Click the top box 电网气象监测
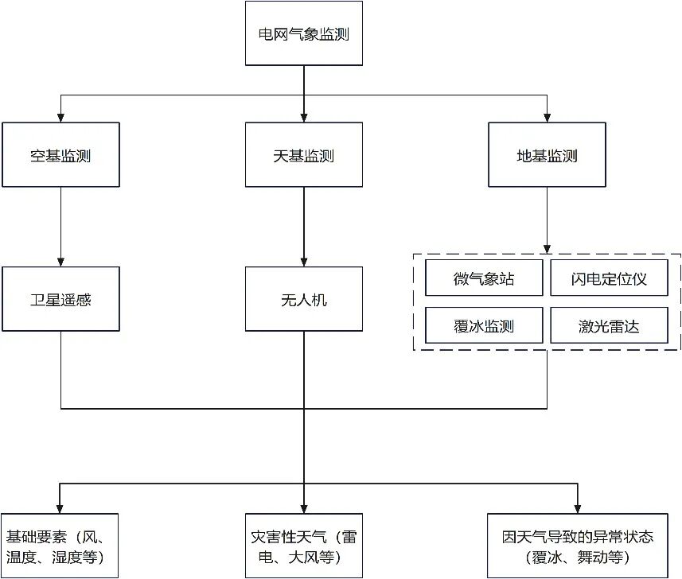coord(304,33)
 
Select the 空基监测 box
coord(60,155)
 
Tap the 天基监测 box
coord(304,155)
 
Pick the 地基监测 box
coord(547,155)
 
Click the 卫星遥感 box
coord(60,299)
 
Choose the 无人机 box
coord(304,299)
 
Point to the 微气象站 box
coord(484,278)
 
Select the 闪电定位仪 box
coord(609,278)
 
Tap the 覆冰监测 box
coord(484,325)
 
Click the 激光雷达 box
coord(609,325)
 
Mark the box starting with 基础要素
coord(60,546)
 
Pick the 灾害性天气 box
coord(304,546)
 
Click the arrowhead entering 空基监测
coord(60,117)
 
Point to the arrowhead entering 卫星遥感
coord(60,262)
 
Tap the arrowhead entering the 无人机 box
coord(304,262)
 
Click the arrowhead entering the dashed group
coord(547,249)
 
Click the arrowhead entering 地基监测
coord(547,117)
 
